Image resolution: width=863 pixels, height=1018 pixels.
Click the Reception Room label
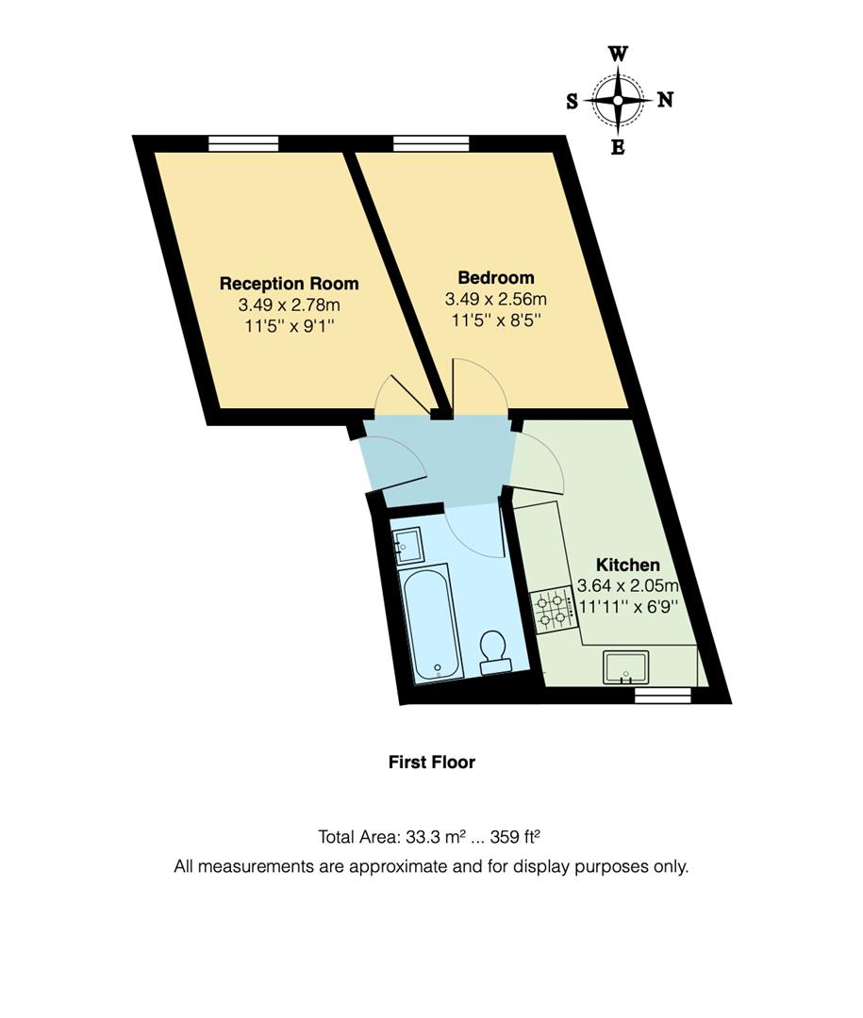(289, 284)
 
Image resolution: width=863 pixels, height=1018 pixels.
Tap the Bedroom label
(495, 278)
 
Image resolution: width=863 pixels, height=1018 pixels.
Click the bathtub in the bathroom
(431, 622)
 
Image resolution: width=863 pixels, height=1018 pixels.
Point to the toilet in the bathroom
(493, 651)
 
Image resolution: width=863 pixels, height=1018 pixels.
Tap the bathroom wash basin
(407, 544)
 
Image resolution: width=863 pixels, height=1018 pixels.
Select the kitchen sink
(625, 666)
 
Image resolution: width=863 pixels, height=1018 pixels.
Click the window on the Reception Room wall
(243, 143)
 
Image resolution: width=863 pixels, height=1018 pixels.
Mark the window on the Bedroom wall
(431, 143)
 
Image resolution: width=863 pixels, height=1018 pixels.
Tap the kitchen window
(662, 696)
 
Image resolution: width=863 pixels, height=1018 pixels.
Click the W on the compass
(619, 54)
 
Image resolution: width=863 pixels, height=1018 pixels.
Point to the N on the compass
(665, 100)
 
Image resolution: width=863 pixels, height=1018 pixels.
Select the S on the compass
(573, 101)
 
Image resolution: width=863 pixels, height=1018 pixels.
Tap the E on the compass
(619, 147)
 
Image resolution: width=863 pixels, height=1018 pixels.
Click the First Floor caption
(431, 762)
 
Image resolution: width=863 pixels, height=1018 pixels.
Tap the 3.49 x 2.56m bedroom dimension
(495, 299)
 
